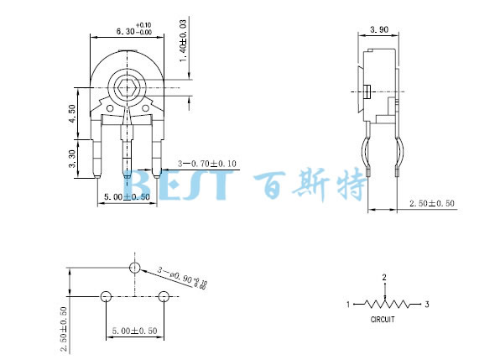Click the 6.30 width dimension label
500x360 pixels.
tap(126, 31)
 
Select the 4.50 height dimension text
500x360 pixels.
tap(72, 112)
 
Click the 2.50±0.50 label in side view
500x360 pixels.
tap(431, 204)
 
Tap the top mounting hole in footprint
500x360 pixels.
tap(134, 267)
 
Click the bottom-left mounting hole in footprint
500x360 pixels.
tap(106, 296)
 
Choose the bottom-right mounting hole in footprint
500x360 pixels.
tap(164, 296)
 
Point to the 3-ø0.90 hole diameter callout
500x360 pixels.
tap(181, 278)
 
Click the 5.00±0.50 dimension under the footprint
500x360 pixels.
tap(134, 331)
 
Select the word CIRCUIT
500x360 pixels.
tap(383, 320)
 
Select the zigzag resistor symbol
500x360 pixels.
tap(387, 304)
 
